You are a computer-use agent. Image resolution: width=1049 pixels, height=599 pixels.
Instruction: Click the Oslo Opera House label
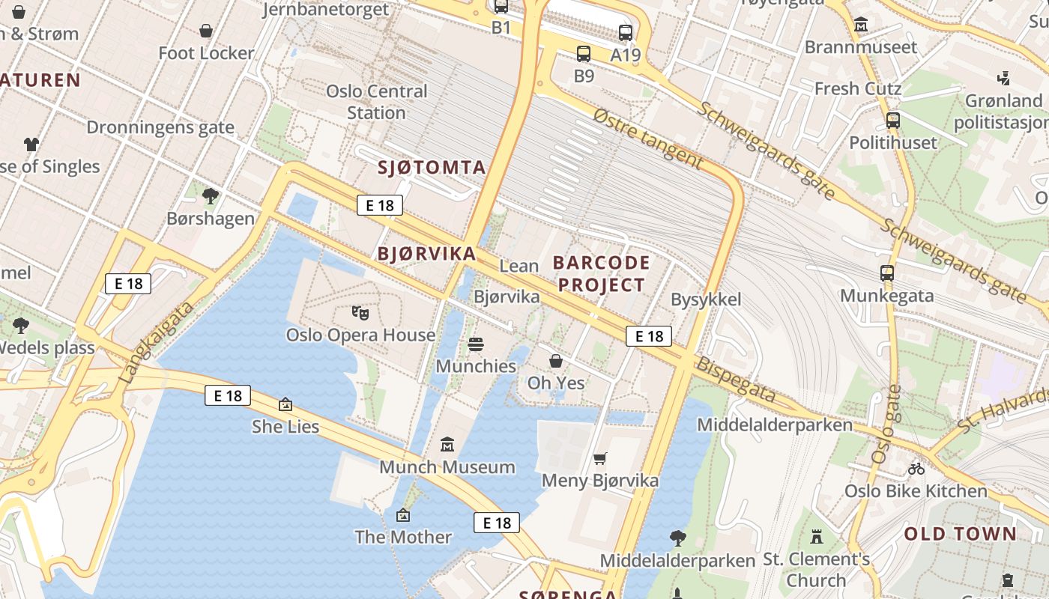[360, 335]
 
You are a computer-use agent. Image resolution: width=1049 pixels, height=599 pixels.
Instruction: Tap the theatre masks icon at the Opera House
[360, 312]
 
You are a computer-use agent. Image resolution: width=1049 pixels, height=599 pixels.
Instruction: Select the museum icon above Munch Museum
[447, 445]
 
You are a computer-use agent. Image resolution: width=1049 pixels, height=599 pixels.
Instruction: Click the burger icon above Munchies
[476, 344]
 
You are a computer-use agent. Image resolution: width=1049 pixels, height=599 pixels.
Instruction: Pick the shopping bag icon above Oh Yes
[556, 362]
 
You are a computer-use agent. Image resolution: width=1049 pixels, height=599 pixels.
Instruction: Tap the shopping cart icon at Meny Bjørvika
[599, 458]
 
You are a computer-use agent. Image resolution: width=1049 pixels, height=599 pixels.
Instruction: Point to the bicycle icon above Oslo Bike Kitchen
[916, 469]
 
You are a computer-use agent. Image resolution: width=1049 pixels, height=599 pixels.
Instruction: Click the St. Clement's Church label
[816, 569]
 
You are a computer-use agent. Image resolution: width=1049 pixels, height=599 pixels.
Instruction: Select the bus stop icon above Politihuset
[892, 121]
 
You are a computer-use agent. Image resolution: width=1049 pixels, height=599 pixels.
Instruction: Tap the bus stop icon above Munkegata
[887, 273]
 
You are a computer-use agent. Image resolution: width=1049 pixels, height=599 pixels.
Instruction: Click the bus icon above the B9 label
[584, 54]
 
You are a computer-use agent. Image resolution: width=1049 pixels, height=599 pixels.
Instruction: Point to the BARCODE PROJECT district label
[602, 273]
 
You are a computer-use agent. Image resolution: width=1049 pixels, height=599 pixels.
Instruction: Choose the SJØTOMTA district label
[432, 167]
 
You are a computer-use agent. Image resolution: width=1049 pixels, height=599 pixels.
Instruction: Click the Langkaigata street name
[157, 343]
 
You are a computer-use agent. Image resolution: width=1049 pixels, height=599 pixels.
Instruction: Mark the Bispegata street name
[735, 380]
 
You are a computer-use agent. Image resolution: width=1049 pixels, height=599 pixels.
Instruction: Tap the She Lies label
[285, 427]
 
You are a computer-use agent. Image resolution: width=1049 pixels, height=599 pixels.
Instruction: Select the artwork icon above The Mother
[403, 515]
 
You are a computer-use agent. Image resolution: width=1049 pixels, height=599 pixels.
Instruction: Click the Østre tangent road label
[648, 139]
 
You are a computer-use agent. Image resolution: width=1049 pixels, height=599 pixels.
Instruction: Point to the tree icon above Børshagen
[211, 196]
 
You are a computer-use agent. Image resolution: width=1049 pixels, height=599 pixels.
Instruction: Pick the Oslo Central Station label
[376, 102]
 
